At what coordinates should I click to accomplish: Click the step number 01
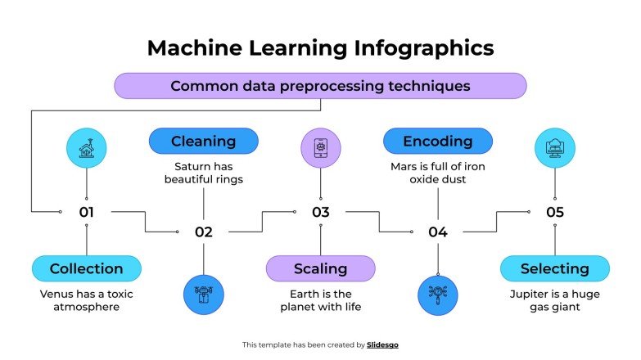87,212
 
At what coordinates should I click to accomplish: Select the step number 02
204,232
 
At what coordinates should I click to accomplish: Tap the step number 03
320,212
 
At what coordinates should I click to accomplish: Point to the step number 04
438,232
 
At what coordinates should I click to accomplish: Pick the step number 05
555,212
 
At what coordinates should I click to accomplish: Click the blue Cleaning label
203,142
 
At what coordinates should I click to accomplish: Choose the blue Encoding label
438,142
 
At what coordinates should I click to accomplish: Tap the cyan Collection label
86,268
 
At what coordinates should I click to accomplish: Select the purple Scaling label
320,268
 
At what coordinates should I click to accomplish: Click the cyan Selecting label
554,268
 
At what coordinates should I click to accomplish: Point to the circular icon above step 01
86,149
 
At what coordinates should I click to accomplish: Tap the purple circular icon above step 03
320,149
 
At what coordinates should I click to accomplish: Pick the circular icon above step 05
555,149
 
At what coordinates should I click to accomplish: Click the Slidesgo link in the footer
382,345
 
